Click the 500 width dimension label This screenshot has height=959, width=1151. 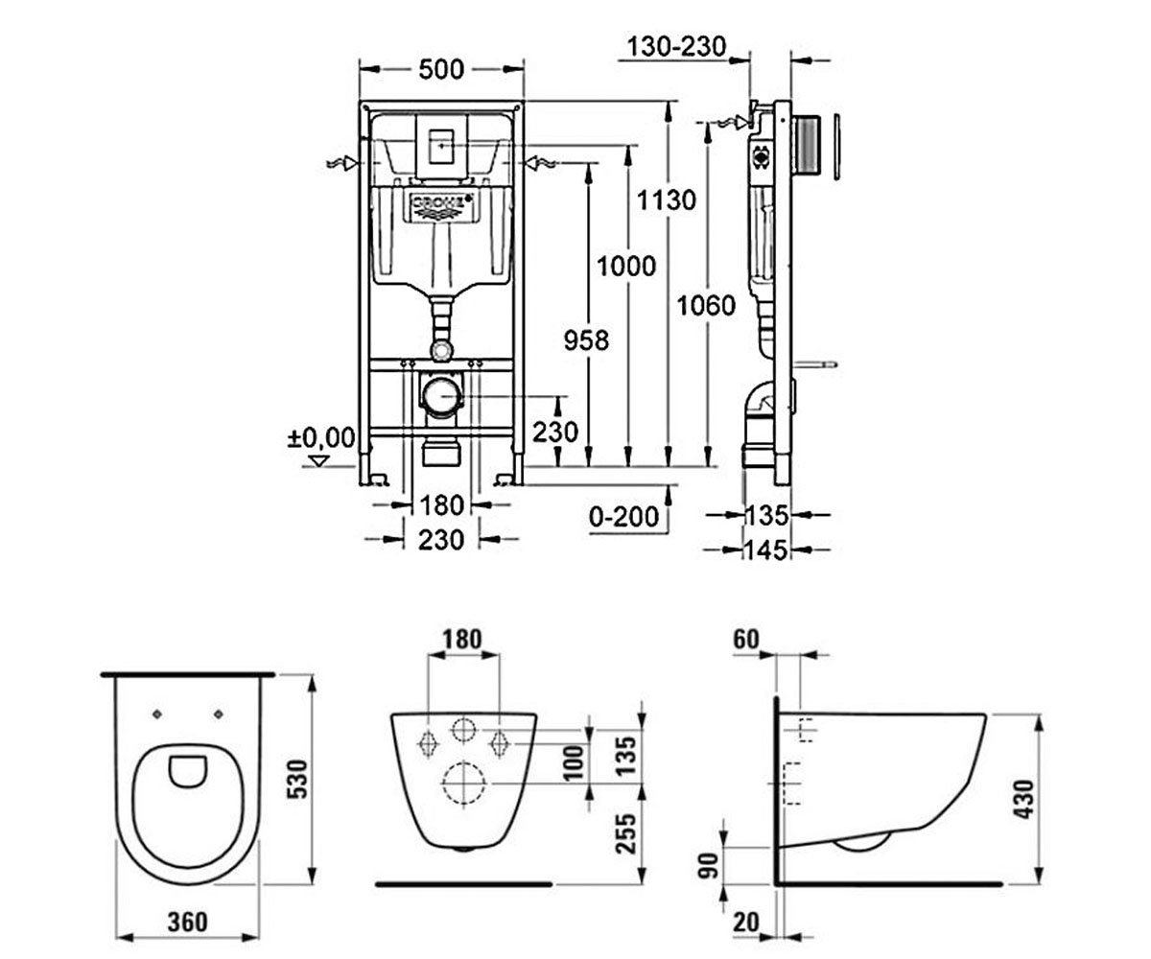[x=441, y=69]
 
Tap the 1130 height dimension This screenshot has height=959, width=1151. [x=667, y=200]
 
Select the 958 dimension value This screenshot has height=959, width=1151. [x=586, y=340]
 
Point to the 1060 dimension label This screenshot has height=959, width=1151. [x=706, y=305]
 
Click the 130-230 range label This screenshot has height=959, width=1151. [x=677, y=47]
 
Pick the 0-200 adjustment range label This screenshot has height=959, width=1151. [x=624, y=517]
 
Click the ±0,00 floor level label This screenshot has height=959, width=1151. [x=321, y=438]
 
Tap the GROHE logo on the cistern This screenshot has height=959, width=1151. [x=442, y=205]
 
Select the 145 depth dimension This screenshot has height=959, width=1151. [x=766, y=550]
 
